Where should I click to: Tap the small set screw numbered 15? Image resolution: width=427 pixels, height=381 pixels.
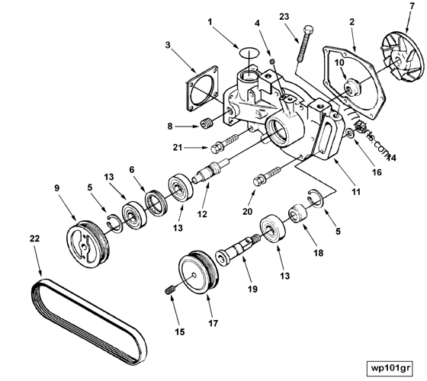(172, 290)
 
